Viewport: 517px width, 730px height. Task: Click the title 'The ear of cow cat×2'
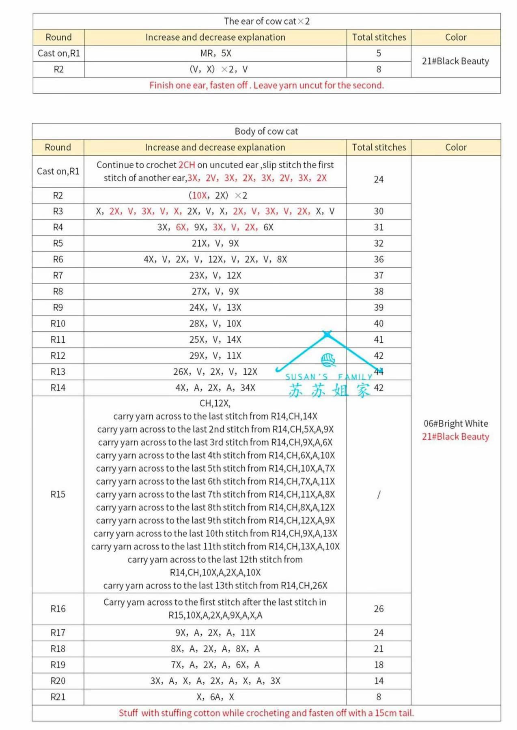click(x=267, y=21)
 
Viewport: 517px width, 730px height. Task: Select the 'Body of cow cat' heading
click(x=266, y=131)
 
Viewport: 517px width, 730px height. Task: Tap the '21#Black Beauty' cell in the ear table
click(x=455, y=61)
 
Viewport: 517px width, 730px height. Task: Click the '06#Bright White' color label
click(x=456, y=423)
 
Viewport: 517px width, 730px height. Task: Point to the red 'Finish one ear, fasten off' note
click(x=267, y=85)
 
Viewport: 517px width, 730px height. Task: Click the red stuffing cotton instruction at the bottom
click(x=266, y=713)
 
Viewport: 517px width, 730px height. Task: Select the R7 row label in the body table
click(x=58, y=275)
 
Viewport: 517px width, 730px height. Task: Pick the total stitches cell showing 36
click(x=379, y=259)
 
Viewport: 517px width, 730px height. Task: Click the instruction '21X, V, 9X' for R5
click(x=215, y=243)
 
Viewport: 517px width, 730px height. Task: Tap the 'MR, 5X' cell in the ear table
click(x=215, y=53)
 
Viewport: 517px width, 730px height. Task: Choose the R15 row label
click(x=58, y=494)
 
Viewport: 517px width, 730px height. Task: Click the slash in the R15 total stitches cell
click(x=379, y=494)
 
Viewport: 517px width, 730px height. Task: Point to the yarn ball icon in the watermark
click(x=328, y=359)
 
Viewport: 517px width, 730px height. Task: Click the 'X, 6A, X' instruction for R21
click(x=215, y=697)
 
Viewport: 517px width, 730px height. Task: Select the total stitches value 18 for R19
click(x=379, y=665)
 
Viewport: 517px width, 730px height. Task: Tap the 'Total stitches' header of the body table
click(x=379, y=147)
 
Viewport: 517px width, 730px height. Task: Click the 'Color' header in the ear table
click(x=456, y=37)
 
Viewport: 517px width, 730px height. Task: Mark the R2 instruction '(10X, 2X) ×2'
click(x=218, y=195)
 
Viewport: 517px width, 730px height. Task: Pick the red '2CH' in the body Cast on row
click(x=187, y=165)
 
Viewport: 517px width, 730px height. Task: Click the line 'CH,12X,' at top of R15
click(x=215, y=403)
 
